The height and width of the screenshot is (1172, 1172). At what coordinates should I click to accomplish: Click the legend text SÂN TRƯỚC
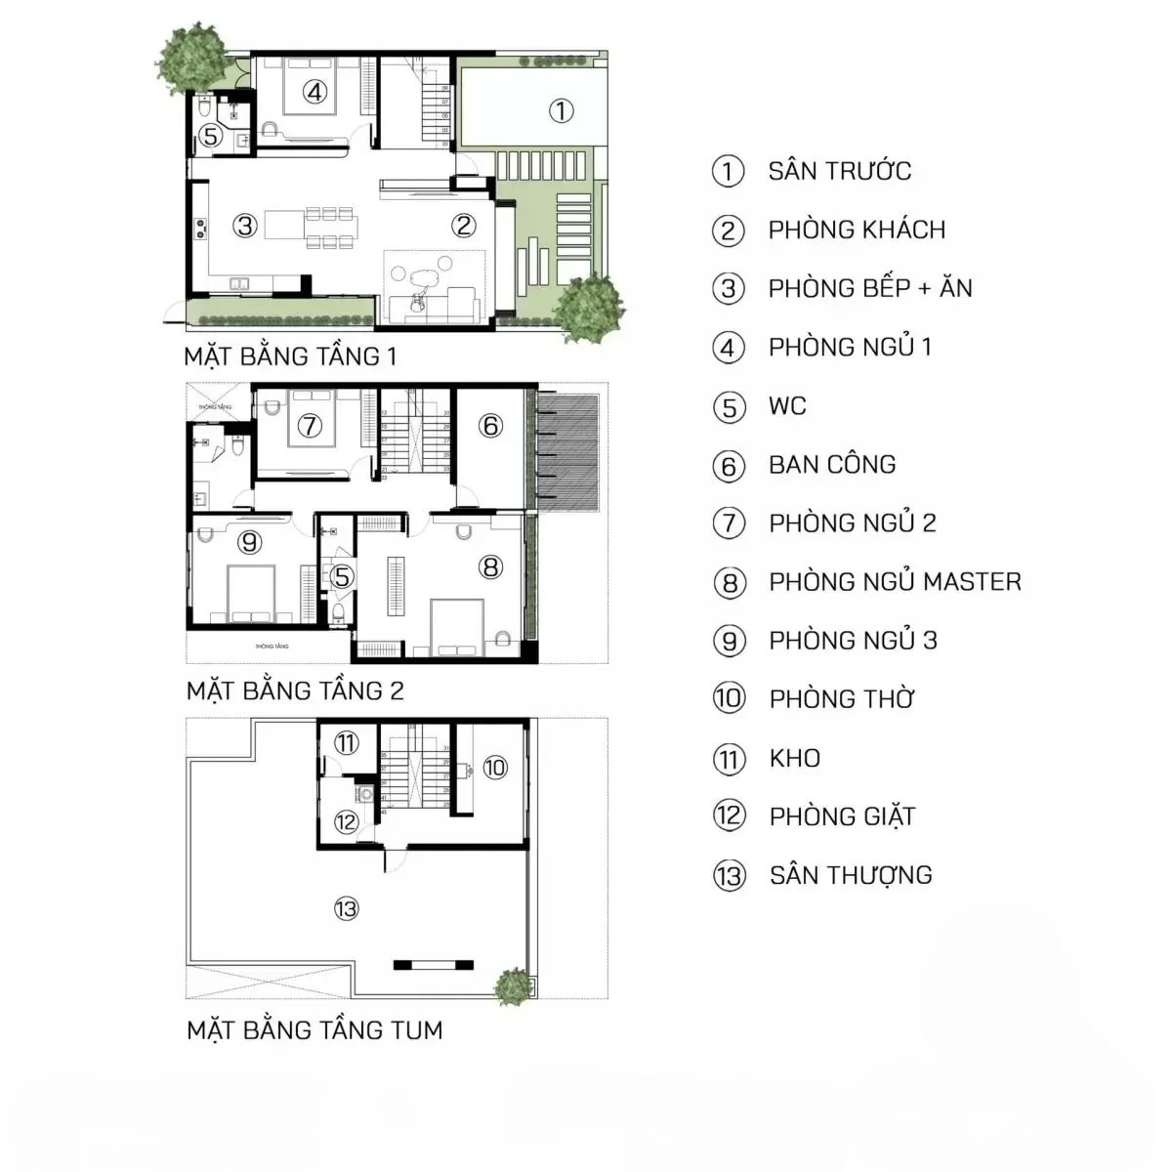[x=839, y=171]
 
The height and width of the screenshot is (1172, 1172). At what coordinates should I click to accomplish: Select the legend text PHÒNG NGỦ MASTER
[x=895, y=582]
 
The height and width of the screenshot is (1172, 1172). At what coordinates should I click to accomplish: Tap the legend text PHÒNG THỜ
[x=842, y=699]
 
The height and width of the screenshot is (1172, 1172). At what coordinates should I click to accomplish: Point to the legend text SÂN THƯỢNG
[x=851, y=875]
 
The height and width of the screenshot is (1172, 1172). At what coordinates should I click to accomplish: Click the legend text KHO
[x=794, y=758]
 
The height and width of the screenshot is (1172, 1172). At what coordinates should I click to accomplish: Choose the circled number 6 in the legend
[x=729, y=466]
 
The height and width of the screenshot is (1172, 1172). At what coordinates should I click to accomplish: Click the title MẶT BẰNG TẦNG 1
[x=290, y=356]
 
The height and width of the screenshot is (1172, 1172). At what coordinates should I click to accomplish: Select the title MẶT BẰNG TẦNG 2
[x=295, y=691]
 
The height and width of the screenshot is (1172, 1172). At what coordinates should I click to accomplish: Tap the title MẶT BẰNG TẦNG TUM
[x=314, y=1030]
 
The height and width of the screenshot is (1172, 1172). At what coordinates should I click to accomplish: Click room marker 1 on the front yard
[x=561, y=110]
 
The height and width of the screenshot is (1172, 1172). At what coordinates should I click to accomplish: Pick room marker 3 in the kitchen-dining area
[x=244, y=226]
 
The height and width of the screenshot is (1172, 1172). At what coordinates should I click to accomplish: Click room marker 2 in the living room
[x=463, y=226]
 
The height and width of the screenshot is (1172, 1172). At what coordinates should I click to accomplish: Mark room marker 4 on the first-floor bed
[x=314, y=92]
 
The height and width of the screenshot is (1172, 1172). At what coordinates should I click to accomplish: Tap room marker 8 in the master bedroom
[x=490, y=566]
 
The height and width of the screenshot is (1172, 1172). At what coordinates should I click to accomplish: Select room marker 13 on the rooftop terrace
[x=346, y=909]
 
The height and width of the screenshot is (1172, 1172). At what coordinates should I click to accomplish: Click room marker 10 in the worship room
[x=495, y=767]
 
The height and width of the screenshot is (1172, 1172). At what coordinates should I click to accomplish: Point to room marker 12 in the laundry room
[x=346, y=821]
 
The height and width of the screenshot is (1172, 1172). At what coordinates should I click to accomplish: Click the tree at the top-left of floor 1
[x=194, y=56]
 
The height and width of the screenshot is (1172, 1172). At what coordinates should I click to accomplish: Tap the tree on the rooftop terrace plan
[x=514, y=985]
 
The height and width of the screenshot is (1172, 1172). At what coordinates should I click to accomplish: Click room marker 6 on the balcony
[x=490, y=425]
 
